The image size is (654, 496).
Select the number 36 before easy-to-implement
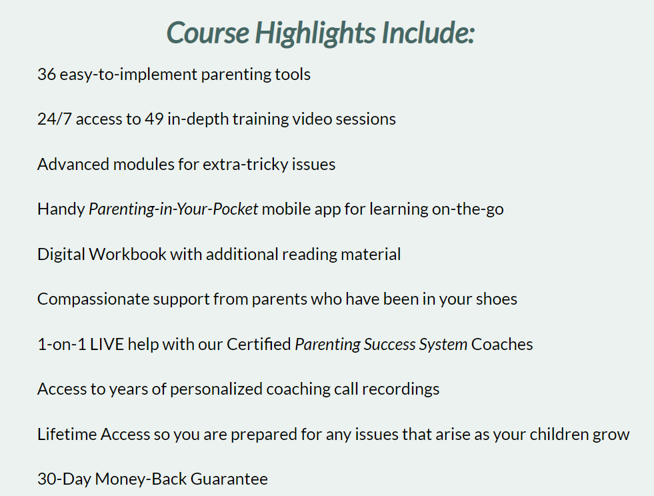click(46, 74)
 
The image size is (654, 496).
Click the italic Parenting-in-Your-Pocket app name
click(173, 209)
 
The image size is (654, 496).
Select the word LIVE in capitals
click(107, 345)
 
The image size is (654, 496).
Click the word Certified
click(259, 345)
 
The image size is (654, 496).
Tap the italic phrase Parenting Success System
click(381, 345)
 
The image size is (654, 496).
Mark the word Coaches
click(502, 345)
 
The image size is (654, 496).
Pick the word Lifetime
click(67, 435)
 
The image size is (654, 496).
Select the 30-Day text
click(64, 479)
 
